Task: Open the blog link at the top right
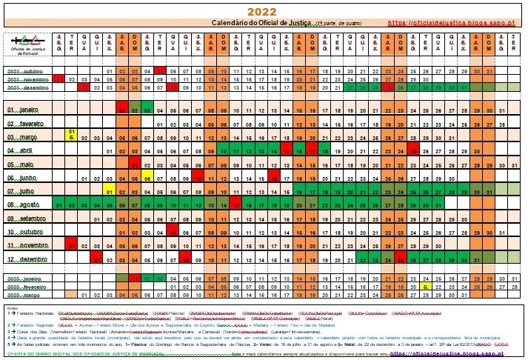pos(452,23)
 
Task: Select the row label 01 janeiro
pos(27,110)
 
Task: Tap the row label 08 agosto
pos(27,204)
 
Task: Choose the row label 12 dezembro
pos(27,259)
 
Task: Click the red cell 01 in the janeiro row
pos(121,110)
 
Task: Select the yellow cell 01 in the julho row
pos(109,191)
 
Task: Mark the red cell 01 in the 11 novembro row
pos(70,245)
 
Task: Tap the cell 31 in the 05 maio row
pos(515,164)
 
